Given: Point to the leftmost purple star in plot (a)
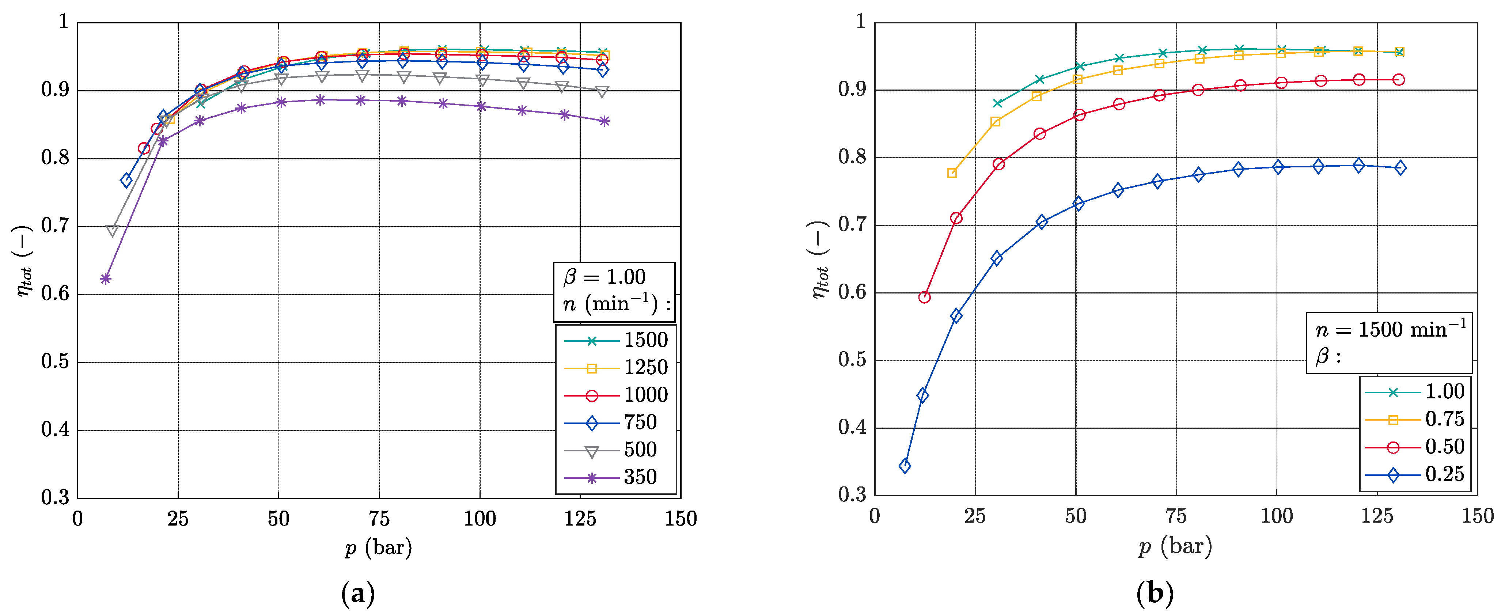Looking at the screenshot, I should pyautogui.click(x=106, y=279).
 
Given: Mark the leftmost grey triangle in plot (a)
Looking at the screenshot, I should pyautogui.click(x=113, y=231).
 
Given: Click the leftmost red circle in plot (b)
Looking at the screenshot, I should pyautogui.click(x=924, y=297).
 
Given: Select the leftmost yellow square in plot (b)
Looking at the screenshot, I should pyautogui.click(x=952, y=173).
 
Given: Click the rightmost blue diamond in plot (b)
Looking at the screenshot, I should pyautogui.click(x=1400, y=168).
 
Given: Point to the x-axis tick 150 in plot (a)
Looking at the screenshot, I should pyautogui.click(x=681, y=519).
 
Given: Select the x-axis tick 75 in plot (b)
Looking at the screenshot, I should pyautogui.click(x=1176, y=516).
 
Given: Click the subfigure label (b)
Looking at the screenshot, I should pyautogui.click(x=1155, y=594).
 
